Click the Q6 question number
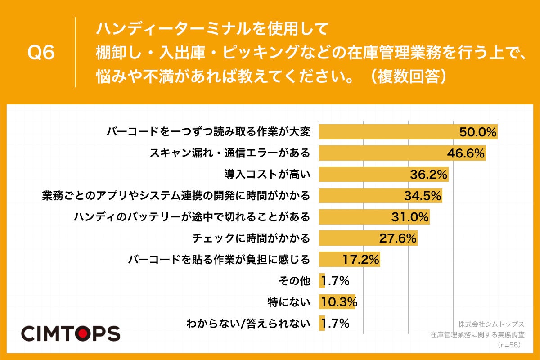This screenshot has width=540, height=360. pyautogui.click(x=41, y=53)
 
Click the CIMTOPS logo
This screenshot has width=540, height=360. pyautogui.click(x=71, y=333)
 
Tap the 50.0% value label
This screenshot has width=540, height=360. pyautogui.click(x=477, y=132)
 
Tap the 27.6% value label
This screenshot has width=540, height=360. pyautogui.click(x=398, y=238)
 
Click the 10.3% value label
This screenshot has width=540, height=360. pyautogui.click(x=338, y=301)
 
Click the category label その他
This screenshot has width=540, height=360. pyautogui.click(x=295, y=281)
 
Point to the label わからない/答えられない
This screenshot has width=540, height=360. pyautogui.click(x=248, y=323)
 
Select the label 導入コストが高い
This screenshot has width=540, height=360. pyautogui.click(x=267, y=175)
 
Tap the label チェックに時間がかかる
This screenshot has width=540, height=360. pyautogui.click(x=251, y=238)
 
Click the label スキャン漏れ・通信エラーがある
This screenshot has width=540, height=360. pyautogui.click(x=229, y=153)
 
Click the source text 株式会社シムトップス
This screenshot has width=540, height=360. pyautogui.click(x=491, y=324)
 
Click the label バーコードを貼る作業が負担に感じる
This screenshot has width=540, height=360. pyautogui.click(x=219, y=259)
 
